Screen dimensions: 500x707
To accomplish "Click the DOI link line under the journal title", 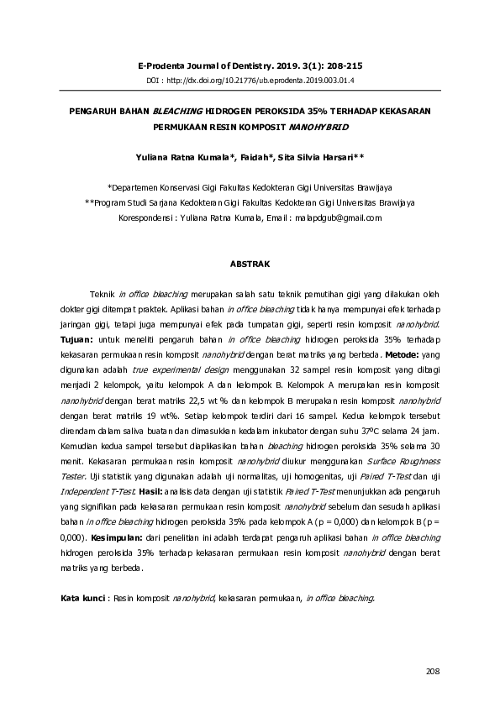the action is tap(250, 81).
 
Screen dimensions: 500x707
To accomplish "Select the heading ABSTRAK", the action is tap(250, 264).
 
